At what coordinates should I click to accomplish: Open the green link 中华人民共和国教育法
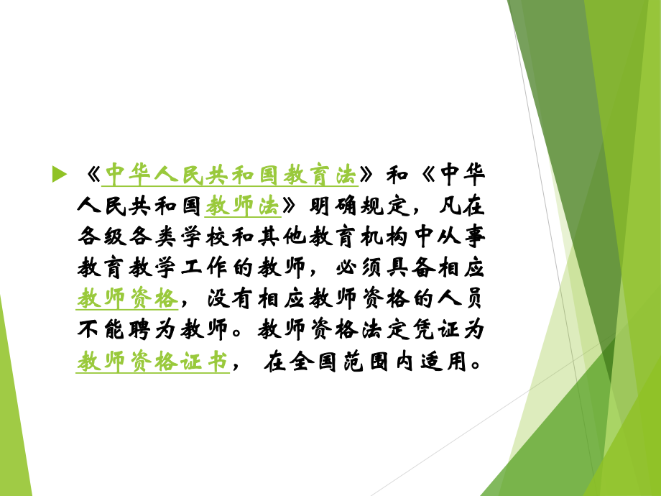click(231, 175)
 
